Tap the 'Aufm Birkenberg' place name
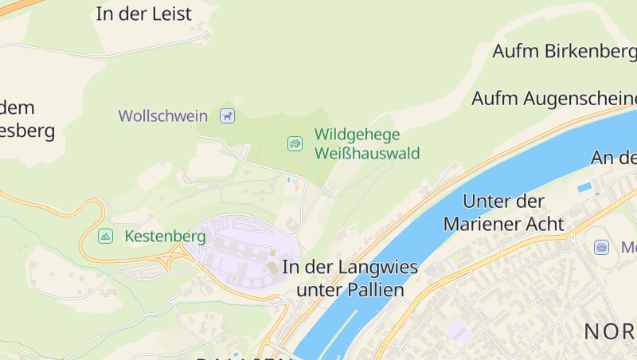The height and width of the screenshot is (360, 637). pos(564,51)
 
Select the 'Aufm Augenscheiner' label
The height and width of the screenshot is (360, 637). pos(553,99)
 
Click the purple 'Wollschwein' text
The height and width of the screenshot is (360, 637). pos(163,115)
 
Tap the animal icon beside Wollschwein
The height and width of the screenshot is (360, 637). pos(229,115)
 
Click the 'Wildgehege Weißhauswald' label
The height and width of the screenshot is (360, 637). pos(367,144)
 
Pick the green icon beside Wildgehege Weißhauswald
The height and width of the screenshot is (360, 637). pos(295,143)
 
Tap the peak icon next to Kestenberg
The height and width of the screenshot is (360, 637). pos(105,237)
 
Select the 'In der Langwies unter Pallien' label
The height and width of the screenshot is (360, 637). pos(350,278)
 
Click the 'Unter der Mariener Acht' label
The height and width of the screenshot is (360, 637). pos(503,212)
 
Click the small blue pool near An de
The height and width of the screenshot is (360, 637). pos(584,188)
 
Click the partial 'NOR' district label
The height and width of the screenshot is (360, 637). pos(609,331)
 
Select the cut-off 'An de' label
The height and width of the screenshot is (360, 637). pos(613,157)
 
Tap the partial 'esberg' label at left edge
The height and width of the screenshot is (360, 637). pos(28,131)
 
